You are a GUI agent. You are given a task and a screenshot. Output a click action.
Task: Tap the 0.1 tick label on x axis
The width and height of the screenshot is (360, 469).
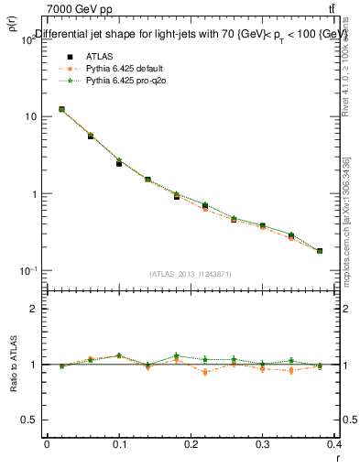[118, 444]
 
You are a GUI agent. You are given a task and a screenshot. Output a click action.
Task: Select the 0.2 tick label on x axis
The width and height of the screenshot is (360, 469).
[191, 444]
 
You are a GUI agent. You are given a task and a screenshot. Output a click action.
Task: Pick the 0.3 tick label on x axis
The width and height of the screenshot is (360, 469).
[263, 444]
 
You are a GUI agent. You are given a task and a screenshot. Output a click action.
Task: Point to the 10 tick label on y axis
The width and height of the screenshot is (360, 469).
[30, 117]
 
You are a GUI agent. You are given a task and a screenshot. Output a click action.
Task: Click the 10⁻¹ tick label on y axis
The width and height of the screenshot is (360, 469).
[27, 271]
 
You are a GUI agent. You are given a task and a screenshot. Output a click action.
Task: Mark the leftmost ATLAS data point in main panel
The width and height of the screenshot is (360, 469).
[61, 109]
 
